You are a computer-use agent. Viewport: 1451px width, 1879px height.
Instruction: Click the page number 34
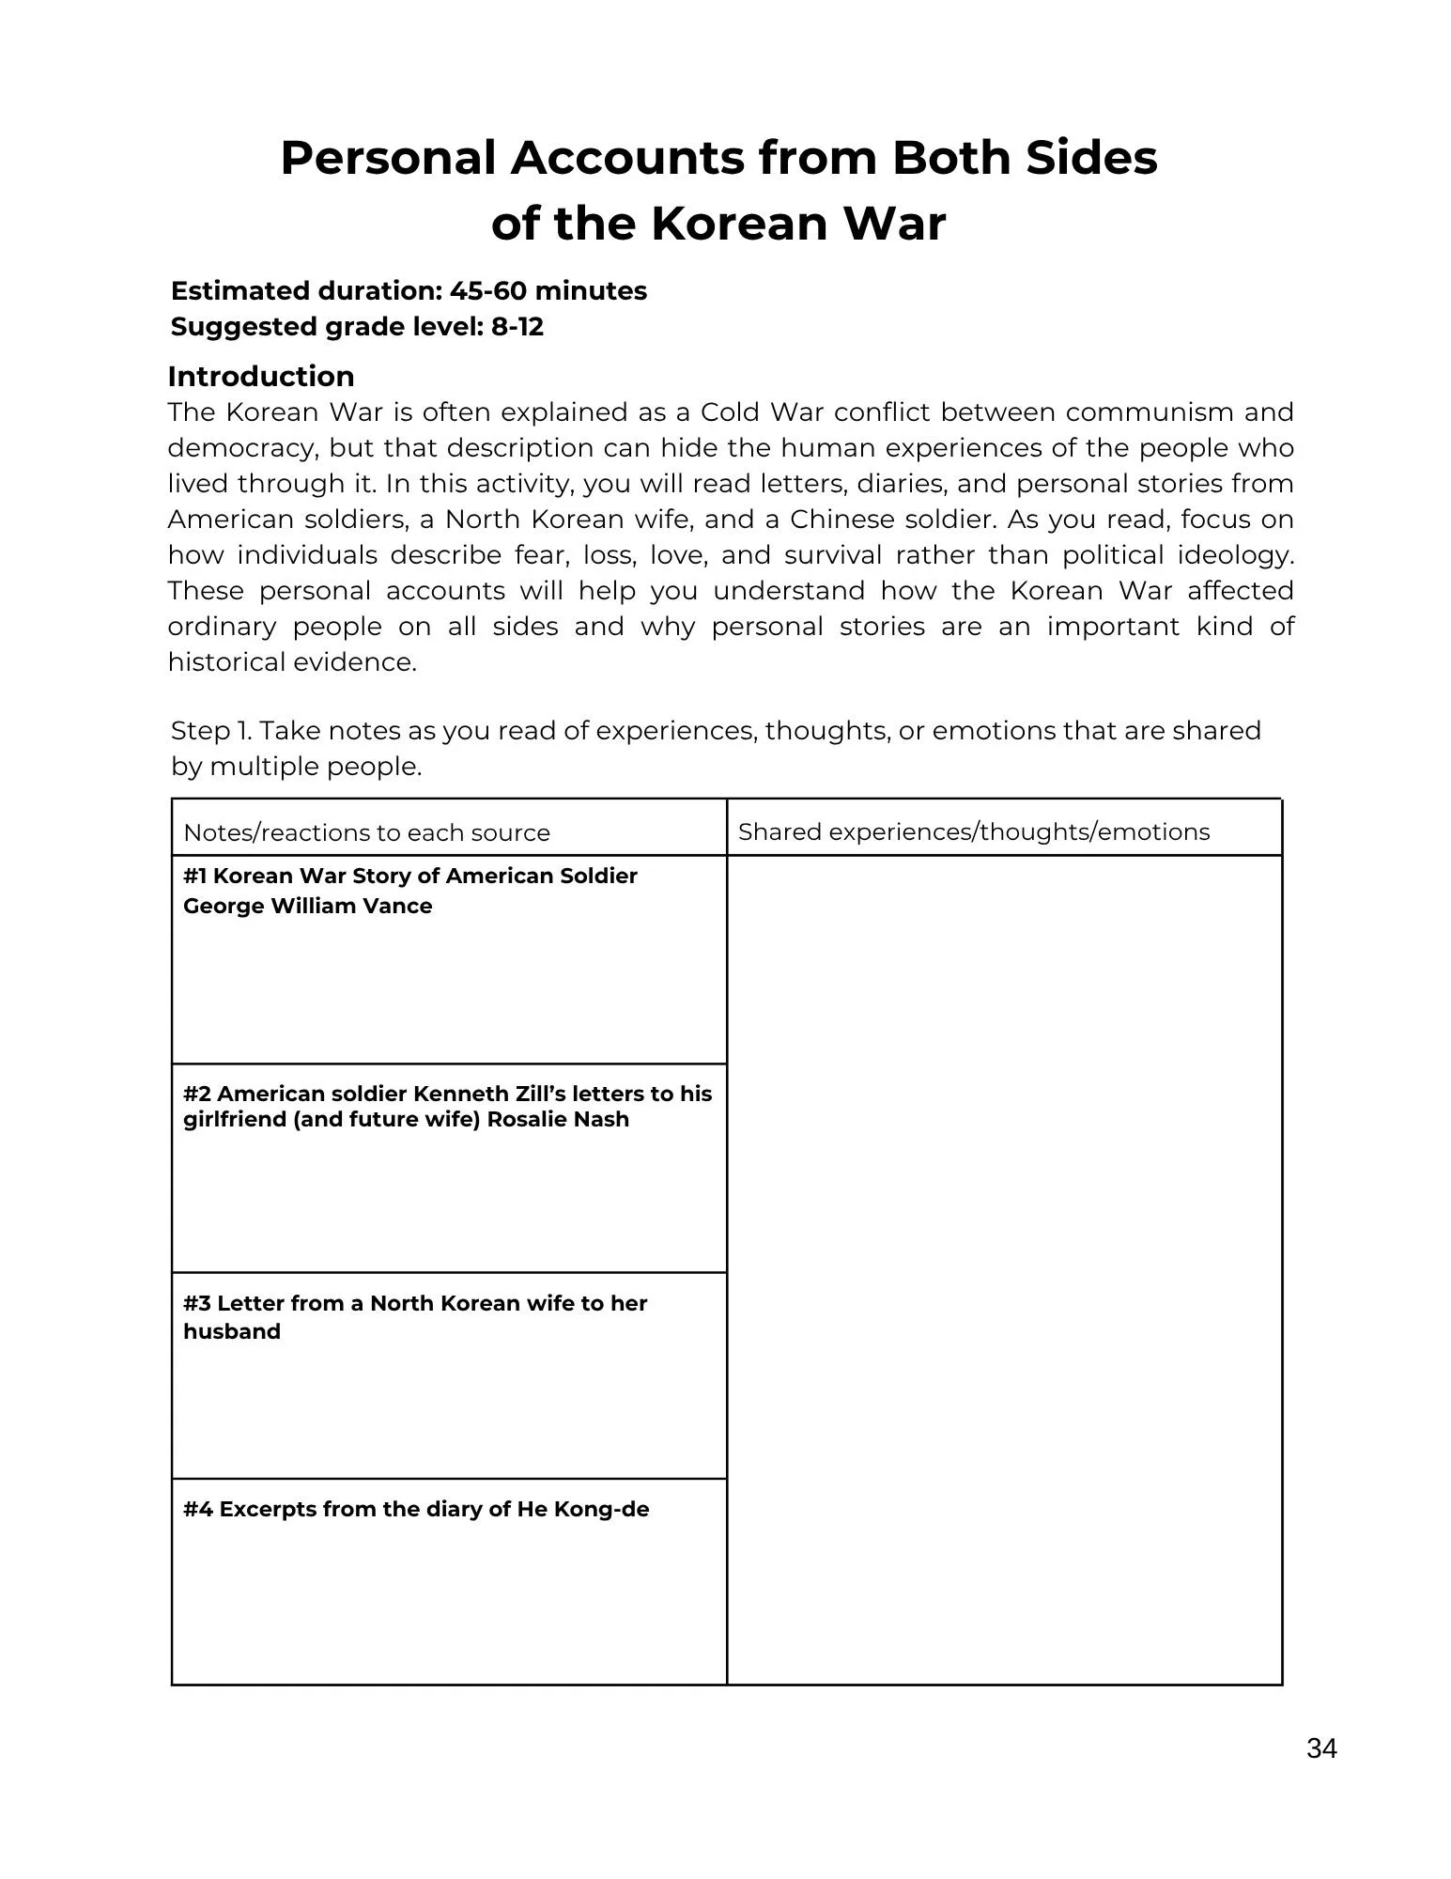(1320, 1748)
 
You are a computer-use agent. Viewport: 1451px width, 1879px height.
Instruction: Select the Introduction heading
(261, 376)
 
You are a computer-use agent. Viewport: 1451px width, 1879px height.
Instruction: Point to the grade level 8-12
(517, 327)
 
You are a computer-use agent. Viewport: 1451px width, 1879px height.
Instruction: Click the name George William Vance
(307, 906)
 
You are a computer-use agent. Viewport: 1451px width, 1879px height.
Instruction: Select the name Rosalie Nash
(558, 1119)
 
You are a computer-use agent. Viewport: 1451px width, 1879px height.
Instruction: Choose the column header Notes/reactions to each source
(366, 832)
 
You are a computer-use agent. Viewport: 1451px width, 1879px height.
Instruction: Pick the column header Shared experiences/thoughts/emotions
(974, 831)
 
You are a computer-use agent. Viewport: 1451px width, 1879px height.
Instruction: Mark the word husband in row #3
(232, 1331)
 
